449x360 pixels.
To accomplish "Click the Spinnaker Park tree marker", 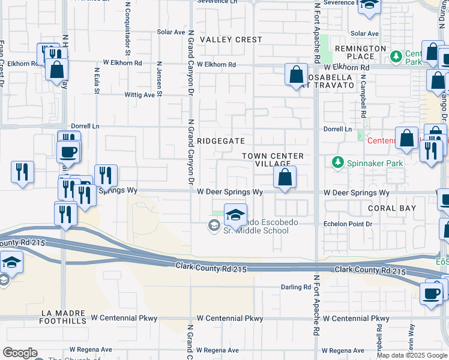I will tap(337, 162).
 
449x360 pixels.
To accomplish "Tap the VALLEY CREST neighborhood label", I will tap(231, 40).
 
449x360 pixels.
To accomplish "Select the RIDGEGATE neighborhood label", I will tap(222, 141).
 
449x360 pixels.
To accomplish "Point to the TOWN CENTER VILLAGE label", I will tap(273, 160).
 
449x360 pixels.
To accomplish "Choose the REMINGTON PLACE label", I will tap(360, 52).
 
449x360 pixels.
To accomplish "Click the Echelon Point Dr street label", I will tap(348, 224).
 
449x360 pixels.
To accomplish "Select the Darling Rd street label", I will tap(295, 287).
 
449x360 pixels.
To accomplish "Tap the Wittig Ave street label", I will tap(139, 95).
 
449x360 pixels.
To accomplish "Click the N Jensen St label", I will tap(159, 78).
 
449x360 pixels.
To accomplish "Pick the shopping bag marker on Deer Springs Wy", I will tap(285, 177).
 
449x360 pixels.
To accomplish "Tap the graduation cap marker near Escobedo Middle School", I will tap(236, 214).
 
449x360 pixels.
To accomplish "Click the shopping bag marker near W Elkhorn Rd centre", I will tap(296, 76).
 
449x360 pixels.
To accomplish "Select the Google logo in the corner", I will tap(20, 353).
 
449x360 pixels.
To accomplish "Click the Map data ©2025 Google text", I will tap(412, 355).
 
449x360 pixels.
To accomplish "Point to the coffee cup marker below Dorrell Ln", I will tap(68, 151).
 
